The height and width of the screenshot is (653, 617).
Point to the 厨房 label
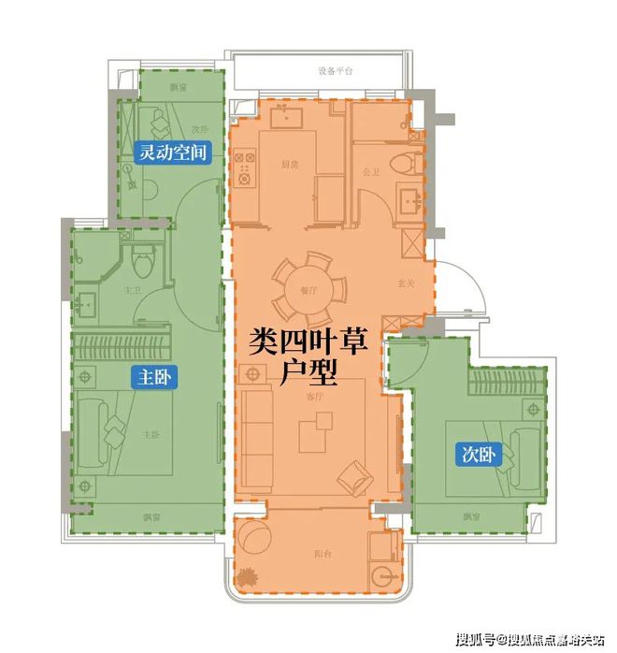[289, 164]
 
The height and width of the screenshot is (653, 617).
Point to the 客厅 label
[314, 396]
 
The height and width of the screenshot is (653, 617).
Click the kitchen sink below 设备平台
[283, 119]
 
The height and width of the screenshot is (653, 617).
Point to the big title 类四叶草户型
[309, 356]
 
